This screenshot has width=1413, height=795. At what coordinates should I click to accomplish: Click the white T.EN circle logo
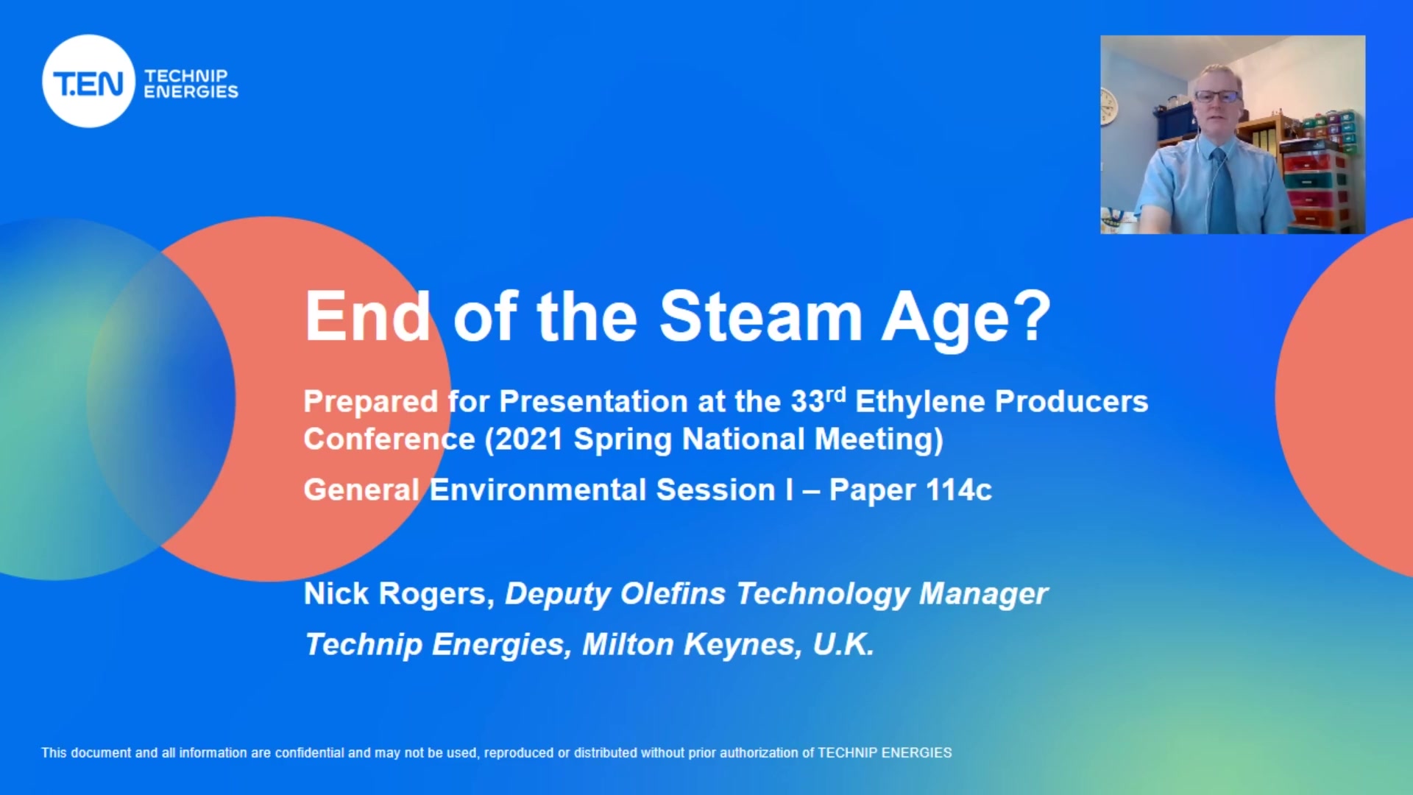tap(89, 81)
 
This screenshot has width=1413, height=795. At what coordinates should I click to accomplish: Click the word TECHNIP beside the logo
tap(186, 76)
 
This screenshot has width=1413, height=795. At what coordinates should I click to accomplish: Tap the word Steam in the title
tap(760, 317)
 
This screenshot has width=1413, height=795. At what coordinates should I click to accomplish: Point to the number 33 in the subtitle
tap(807, 402)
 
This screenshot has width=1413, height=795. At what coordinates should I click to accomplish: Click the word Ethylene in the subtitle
tap(920, 403)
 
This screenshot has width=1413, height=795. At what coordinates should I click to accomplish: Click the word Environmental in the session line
tap(537, 490)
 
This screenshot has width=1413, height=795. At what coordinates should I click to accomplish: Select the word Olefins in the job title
tap(673, 594)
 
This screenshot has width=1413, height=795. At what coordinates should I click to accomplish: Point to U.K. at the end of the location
tap(843, 644)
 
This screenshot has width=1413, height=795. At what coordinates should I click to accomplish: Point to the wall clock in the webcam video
tap(1108, 105)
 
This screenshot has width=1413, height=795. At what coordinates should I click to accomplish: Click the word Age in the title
tap(945, 318)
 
